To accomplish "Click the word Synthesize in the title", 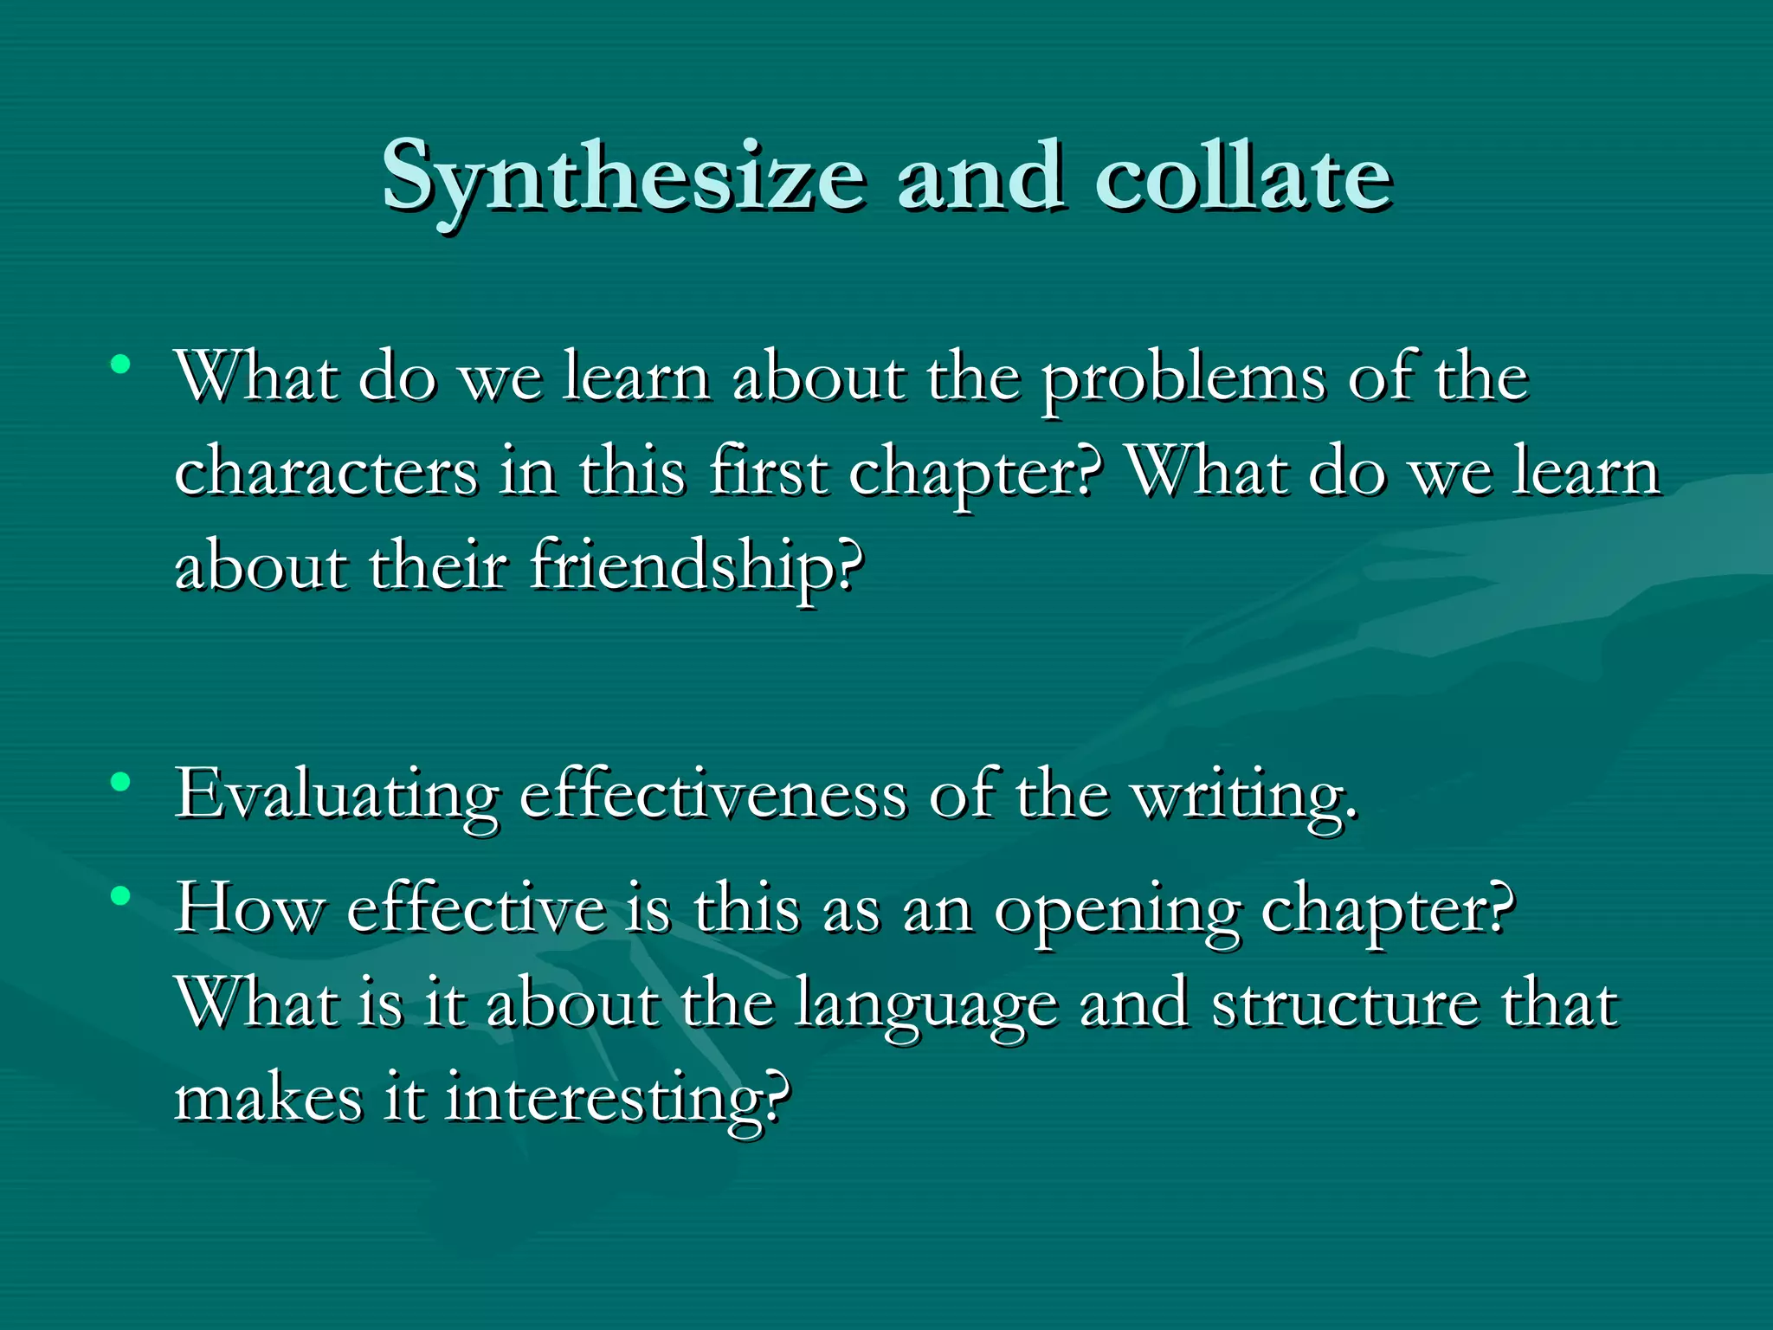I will (623, 178).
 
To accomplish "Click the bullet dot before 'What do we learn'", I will (121, 364).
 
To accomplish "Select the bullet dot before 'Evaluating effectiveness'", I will (121, 783).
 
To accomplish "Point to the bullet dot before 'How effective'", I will (121, 895).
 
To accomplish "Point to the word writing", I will (1245, 795).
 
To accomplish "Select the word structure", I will (1345, 1004).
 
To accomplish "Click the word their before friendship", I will (438, 568).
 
